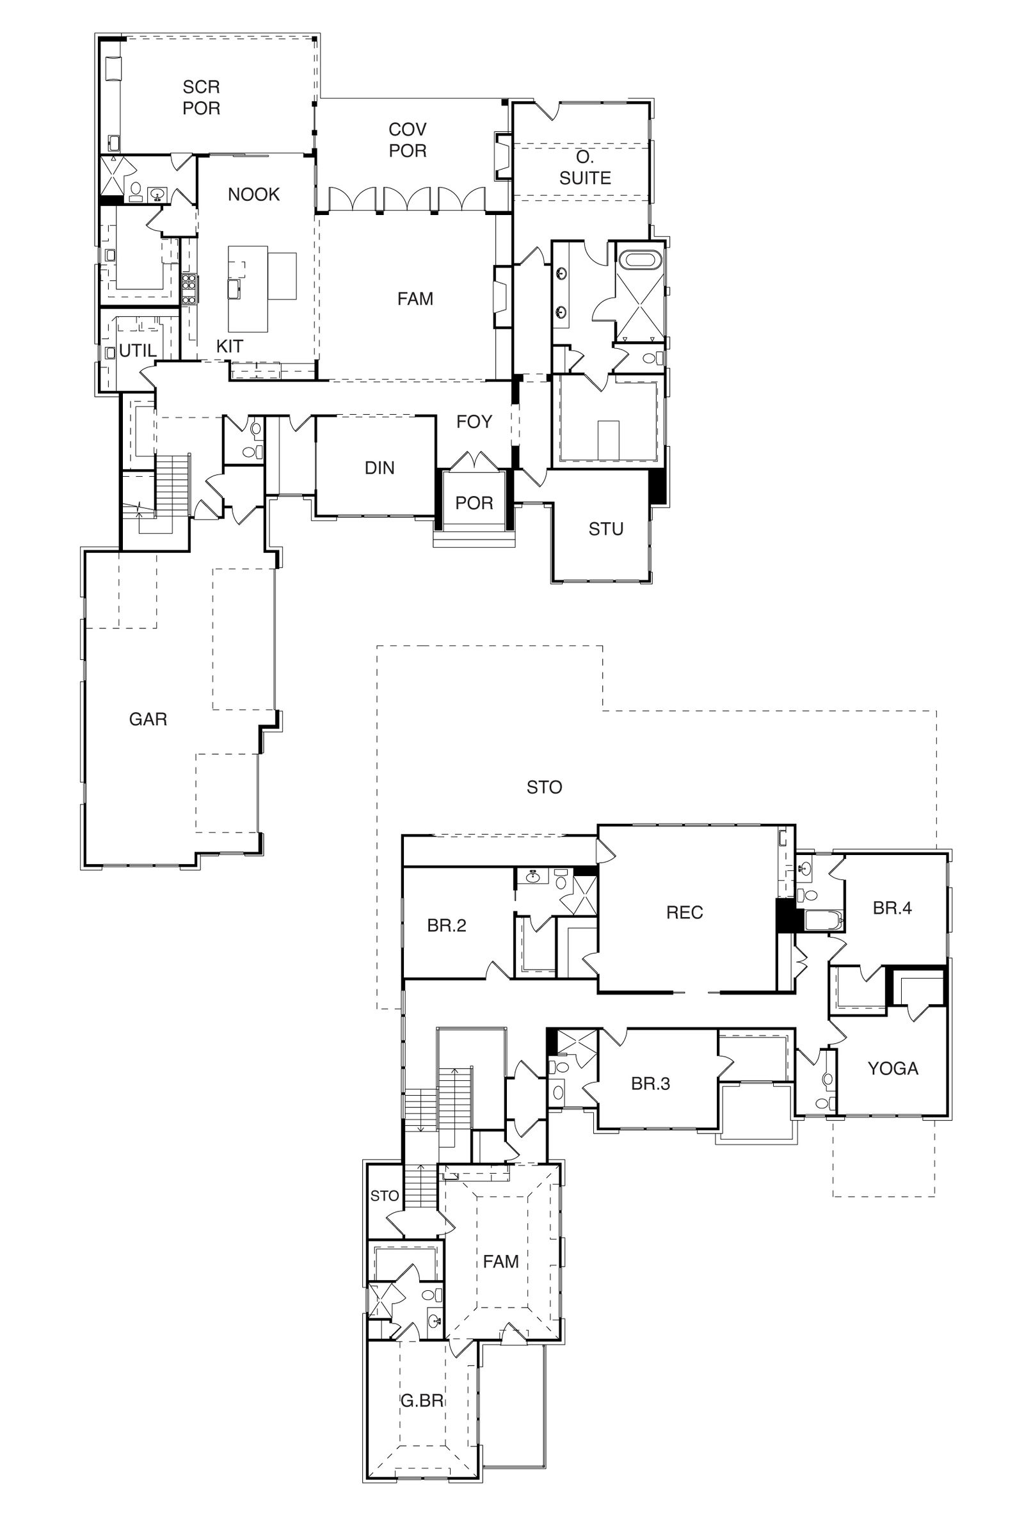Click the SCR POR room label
[x=201, y=97]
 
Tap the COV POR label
[x=408, y=140]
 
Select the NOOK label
[x=253, y=194]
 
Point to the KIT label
[x=230, y=346]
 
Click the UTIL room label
[x=138, y=351]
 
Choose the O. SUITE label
[x=585, y=167]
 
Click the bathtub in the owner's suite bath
[x=641, y=259]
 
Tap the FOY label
[x=474, y=422]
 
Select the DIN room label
[x=380, y=468]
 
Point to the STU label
[x=606, y=529]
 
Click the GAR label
[x=148, y=719]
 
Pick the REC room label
[x=684, y=913]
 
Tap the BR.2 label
[x=447, y=925]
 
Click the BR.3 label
[x=650, y=1084]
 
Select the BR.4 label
[x=892, y=908]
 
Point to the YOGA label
[x=893, y=1068]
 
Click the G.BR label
[x=422, y=1400]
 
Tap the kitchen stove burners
[x=189, y=289]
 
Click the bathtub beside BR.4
[x=824, y=921]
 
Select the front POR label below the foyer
[x=474, y=503]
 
